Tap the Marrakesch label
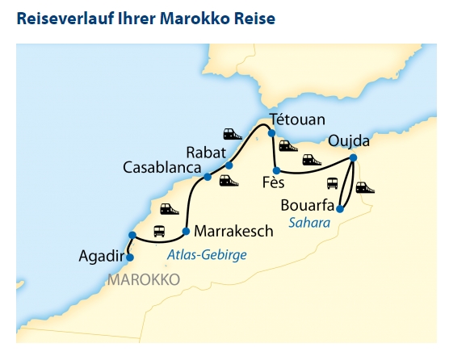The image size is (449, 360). click(x=234, y=231)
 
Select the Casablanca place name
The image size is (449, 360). click(x=162, y=167)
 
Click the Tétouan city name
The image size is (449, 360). click(x=296, y=119)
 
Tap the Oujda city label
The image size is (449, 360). click(x=349, y=142)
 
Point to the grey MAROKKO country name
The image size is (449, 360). click(x=142, y=279)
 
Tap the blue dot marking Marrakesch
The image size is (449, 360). click(x=186, y=232)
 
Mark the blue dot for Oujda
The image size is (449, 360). click(x=353, y=157)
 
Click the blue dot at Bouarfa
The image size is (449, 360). click(x=339, y=209)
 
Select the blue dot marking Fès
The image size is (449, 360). click(x=276, y=170)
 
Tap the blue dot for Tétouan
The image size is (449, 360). click(x=272, y=133)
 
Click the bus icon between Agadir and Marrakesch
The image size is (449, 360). click(x=159, y=230)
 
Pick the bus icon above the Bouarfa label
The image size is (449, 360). click(x=332, y=183)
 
